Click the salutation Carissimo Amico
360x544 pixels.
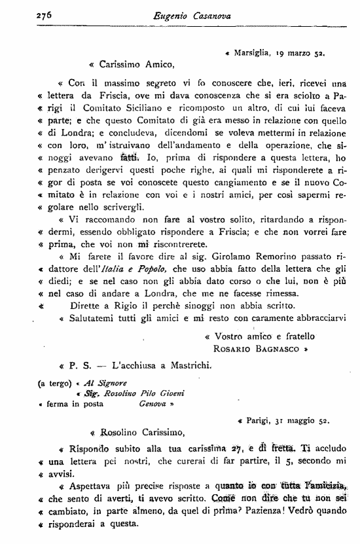(137, 65)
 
